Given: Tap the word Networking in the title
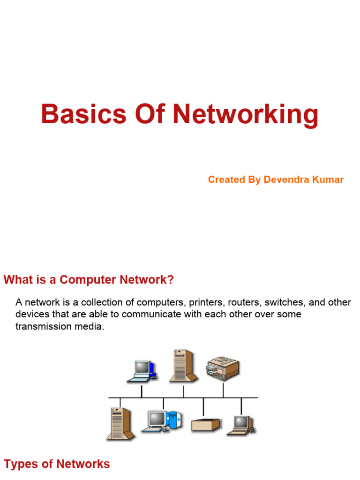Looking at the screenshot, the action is pos(246,115).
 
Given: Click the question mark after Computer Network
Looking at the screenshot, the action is pos(171,279).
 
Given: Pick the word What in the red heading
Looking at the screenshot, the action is pos(18,279).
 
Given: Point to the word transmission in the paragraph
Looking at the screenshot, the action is pos(41,326).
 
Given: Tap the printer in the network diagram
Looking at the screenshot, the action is pos(223,368).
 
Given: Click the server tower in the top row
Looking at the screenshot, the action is pos(183,366).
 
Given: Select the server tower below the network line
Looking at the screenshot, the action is pos(120,424).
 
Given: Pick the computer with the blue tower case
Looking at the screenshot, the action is pos(162,421).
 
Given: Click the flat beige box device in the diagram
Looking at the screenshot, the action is pos(205,425).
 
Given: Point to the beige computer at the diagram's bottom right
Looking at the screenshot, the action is pos(241,425).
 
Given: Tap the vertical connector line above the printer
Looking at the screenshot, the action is pos(223,390).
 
